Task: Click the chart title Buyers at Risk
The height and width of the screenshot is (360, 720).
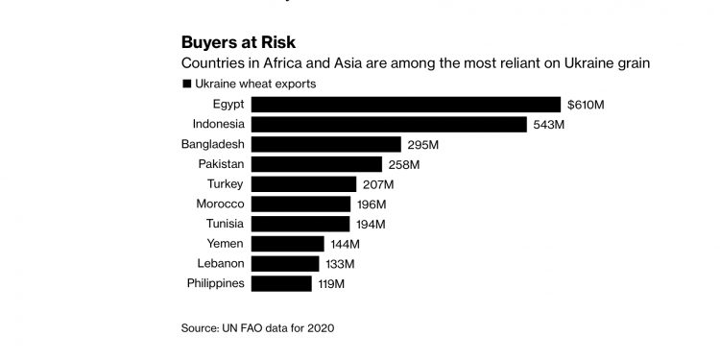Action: click(238, 43)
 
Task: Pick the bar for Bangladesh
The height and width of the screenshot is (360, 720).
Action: click(327, 144)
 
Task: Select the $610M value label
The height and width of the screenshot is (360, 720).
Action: click(586, 104)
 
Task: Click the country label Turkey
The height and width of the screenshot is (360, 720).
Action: click(226, 184)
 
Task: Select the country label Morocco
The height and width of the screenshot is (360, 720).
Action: click(220, 204)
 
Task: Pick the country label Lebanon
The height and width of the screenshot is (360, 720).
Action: click(220, 264)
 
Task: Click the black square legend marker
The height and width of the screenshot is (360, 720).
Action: click(185, 84)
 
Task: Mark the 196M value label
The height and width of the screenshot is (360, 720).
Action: click(371, 204)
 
